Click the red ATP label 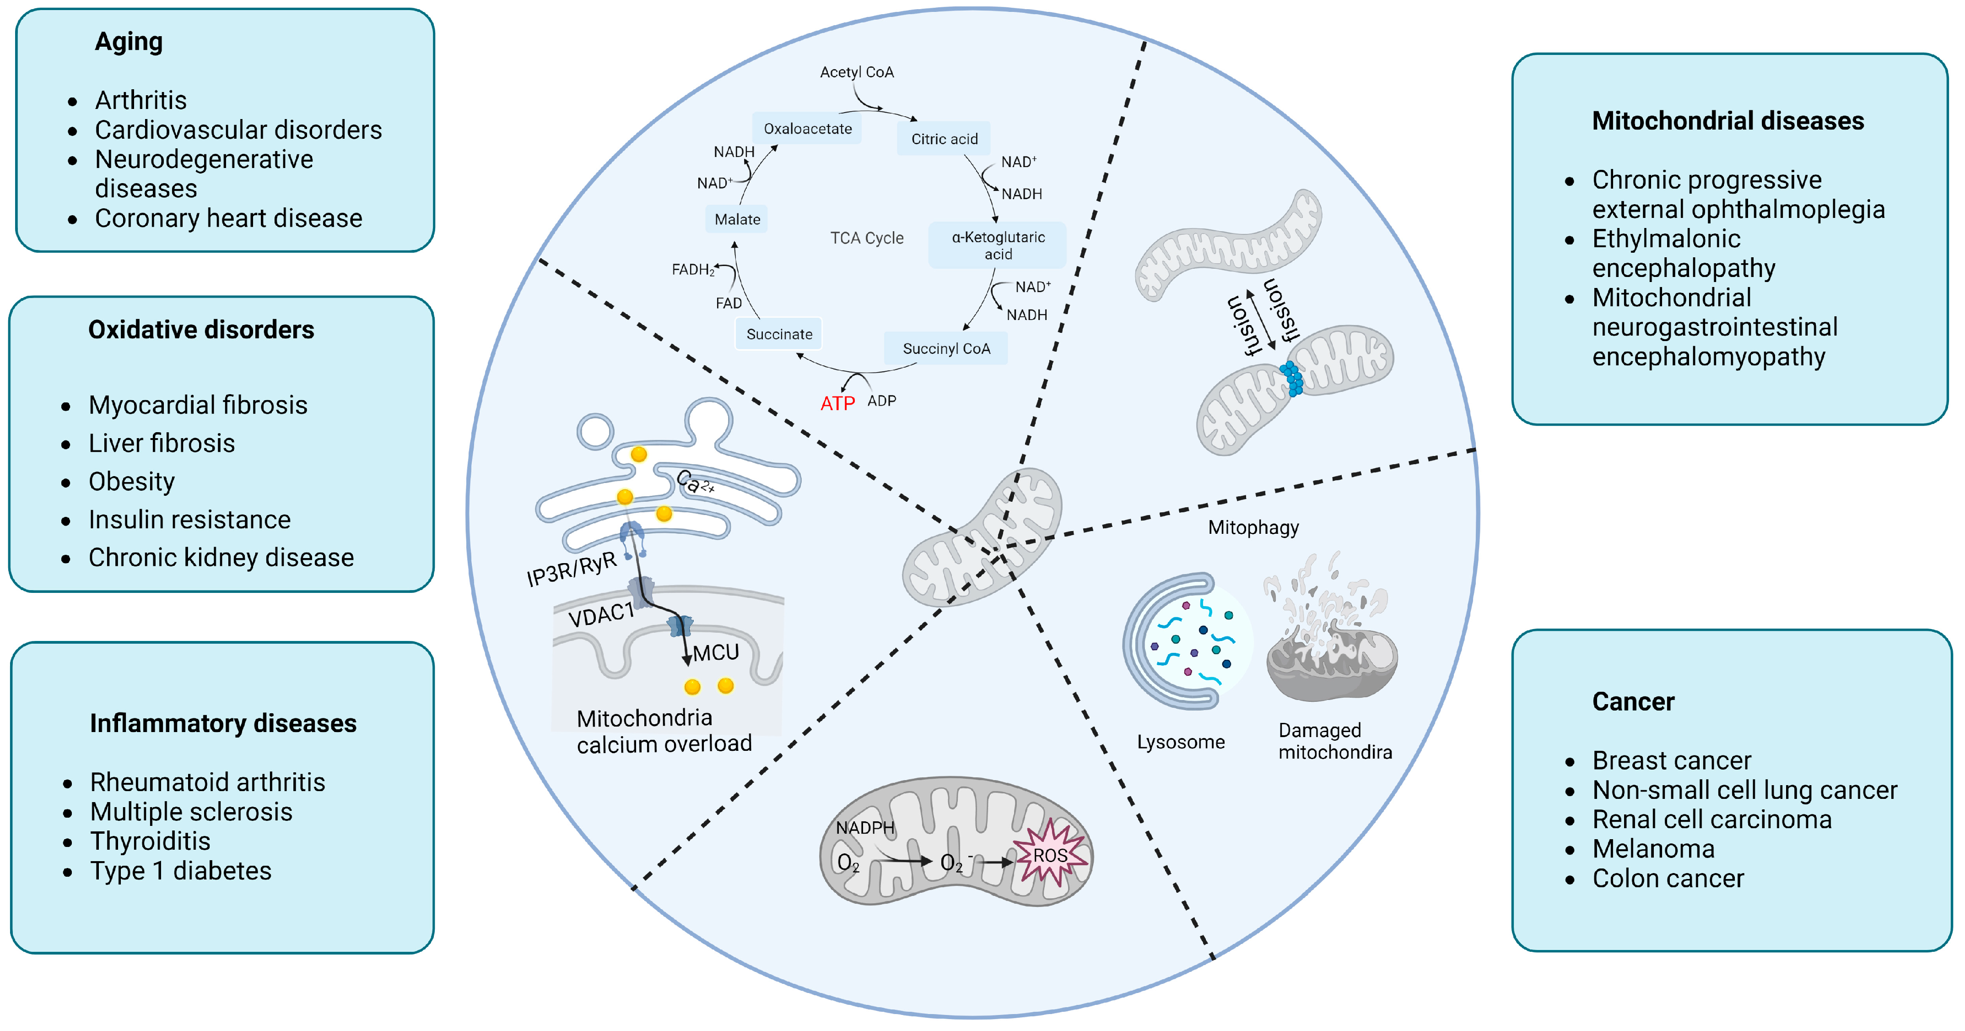(837, 403)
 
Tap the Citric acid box (944, 139)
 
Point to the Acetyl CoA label (857, 72)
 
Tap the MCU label (716, 652)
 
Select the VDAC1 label (601, 613)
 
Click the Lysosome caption (1180, 742)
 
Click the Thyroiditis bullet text (150, 841)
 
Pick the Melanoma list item (1653, 849)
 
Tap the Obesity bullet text (132, 482)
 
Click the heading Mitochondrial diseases (1728, 120)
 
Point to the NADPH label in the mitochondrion (864, 827)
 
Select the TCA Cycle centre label (867, 238)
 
